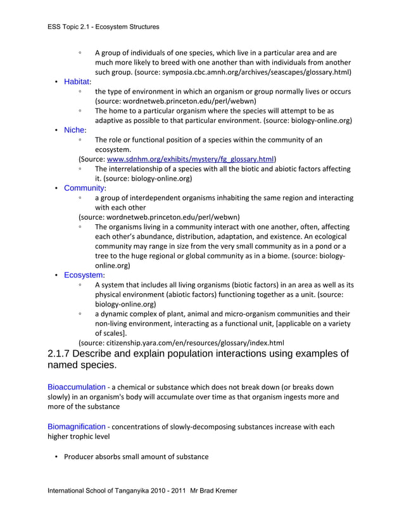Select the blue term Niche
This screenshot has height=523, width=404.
pos(74,130)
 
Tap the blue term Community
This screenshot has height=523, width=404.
pos(84,188)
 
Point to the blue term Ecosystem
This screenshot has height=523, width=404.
pos(84,275)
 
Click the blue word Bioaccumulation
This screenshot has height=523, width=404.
pos(76,386)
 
